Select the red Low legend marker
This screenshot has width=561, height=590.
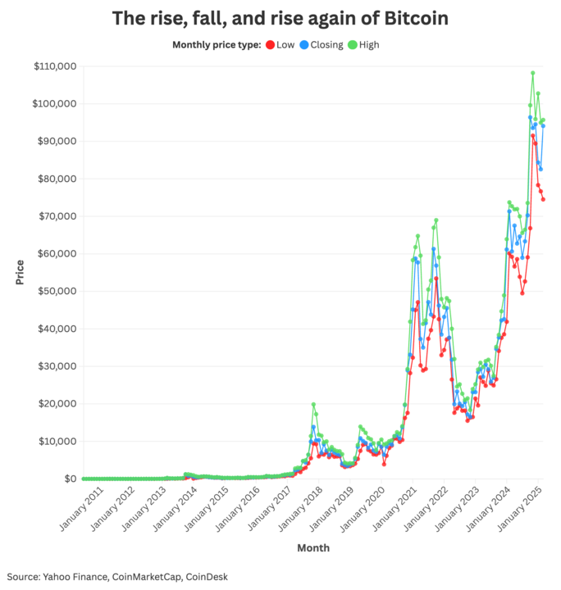[x=270, y=45]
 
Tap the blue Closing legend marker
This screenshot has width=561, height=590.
[x=304, y=45]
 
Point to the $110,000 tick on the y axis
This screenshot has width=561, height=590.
[x=54, y=66]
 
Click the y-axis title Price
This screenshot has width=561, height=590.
[x=20, y=271]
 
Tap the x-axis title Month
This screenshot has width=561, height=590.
[x=312, y=547]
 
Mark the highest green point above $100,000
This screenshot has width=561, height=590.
[x=532, y=73]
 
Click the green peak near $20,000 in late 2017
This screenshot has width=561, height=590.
[x=313, y=405]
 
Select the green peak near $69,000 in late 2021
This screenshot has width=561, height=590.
[x=436, y=220]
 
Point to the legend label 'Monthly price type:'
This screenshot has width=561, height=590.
[x=217, y=45]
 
